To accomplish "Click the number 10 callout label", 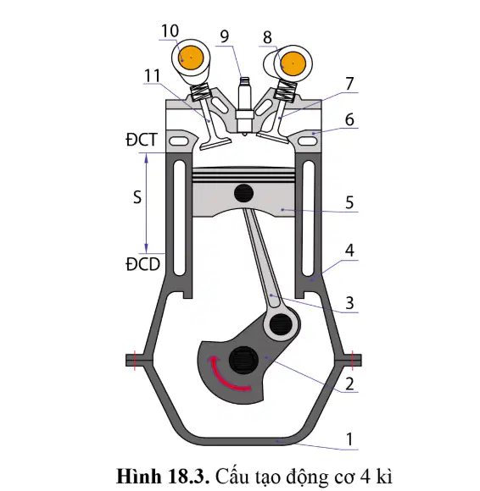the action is [x=170, y=31].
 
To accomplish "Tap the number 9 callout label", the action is [x=225, y=36].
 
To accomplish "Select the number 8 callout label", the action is [x=267, y=37].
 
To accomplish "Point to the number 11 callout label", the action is [x=152, y=75].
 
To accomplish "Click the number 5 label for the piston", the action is [x=349, y=202].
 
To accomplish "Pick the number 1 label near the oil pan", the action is [x=349, y=439].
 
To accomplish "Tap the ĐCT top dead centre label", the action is [x=141, y=140].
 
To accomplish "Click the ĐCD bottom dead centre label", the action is [x=142, y=264].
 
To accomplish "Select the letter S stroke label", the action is [x=137, y=197].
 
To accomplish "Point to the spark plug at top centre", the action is [x=245, y=106].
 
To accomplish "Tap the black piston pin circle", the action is [x=243, y=193].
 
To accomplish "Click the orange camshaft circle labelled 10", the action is [x=191, y=58].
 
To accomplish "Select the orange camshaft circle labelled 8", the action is [x=293, y=63].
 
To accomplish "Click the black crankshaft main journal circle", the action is [x=243, y=361].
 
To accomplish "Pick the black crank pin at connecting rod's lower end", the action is [x=281, y=324].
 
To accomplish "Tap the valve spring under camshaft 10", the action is [x=200, y=93].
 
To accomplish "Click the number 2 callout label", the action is [x=349, y=383].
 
